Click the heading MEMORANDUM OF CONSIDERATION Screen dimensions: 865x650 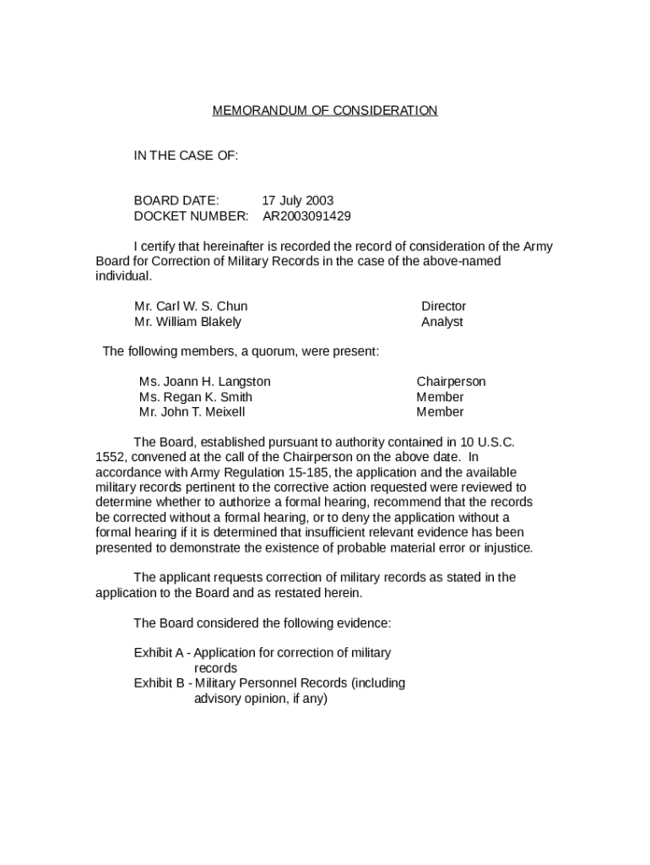[324, 111]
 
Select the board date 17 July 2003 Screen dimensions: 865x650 [297, 201]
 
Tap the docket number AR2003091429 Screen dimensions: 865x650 [306, 216]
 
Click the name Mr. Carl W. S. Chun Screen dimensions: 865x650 [191, 307]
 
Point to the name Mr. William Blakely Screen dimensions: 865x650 [187, 322]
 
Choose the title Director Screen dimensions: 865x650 [443, 307]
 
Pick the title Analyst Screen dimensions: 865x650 [441, 322]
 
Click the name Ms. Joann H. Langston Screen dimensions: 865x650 [204, 382]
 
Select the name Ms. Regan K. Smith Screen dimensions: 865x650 [195, 397]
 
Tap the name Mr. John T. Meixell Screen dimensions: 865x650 [192, 412]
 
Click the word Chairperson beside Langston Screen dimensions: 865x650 [451, 382]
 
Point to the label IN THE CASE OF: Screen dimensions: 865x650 [186, 155]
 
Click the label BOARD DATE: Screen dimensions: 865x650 [176, 201]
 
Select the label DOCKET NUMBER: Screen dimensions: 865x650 [191, 216]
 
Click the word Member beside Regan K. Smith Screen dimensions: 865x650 [440, 397]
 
